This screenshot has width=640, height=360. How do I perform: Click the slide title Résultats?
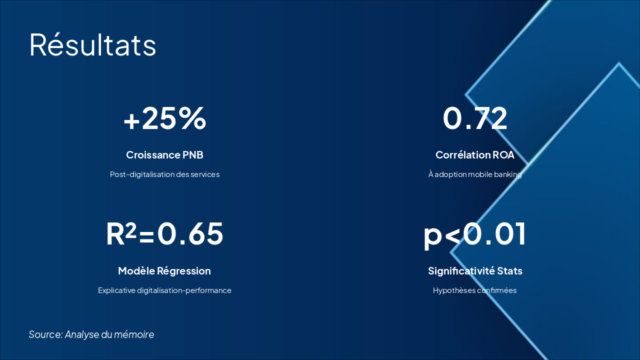pyautogui.click(x=92, y=45)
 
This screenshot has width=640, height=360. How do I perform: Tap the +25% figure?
pyautogui.click(x=164, y=119)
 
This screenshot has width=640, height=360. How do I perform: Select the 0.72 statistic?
pyautogui.click(x=475, y=119)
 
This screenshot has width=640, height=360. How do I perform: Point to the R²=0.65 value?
pyautogui.click(x=164, y=234)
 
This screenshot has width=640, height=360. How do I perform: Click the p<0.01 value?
pyautogui.click(x=475, y=234)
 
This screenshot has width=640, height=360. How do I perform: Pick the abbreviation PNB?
pyautogui.click(x=193, y=155)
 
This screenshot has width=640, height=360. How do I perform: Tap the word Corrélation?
pyautogui.click(x=462, y=155)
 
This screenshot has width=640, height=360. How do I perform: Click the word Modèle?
pyautogui.click(x=136, y=271)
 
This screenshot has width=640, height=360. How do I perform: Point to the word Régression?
pyautogui.click(x=184, y=271)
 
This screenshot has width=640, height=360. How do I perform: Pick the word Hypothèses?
pyautogui.click(x=451, y=290)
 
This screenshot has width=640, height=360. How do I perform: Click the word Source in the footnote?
pyautogui.click(x=45, y=334)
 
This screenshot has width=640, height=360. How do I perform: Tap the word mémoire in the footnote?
pyautogui.click(x=134, y=334)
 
